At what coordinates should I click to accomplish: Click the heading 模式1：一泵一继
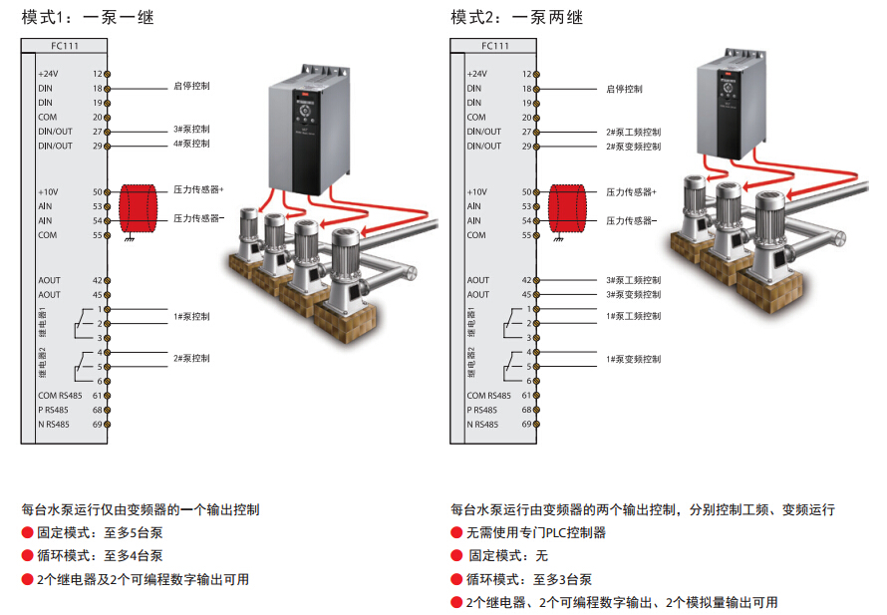87,17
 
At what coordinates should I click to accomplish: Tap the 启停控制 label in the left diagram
191,87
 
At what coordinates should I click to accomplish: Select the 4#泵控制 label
191,144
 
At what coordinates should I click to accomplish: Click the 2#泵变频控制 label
633,147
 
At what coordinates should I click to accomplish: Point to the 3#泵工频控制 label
633,280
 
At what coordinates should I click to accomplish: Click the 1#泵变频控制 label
633,358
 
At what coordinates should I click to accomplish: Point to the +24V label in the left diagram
48,74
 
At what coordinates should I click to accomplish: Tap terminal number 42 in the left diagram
98,280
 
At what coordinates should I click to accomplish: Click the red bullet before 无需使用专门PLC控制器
456,532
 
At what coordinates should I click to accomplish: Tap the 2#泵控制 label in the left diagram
191,358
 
